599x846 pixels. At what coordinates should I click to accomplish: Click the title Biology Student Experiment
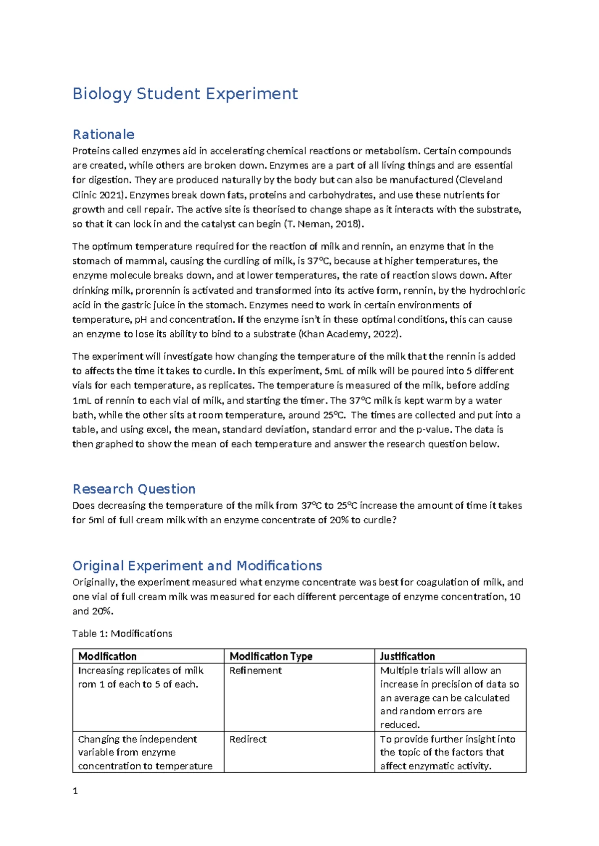coord(185,94)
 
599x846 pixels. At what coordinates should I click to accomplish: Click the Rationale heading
coord(103,135)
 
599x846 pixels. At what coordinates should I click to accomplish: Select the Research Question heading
coord(134,489)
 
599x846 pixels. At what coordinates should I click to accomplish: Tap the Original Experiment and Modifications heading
coord(197,566)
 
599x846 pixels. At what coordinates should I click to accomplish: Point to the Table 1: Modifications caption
coord(122,634)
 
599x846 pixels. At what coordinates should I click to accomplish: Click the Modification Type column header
coord(271,656)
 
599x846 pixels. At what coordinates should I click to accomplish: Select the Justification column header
coord(407,656)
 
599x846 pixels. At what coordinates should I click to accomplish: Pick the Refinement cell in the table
coord(255,671)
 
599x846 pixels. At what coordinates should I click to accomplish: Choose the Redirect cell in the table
coord(248,739)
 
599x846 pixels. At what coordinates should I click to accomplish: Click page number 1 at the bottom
coord(75,791)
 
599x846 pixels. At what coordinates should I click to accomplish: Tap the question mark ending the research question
coord(394,520)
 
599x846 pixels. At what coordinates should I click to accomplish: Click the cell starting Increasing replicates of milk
coord(140,677)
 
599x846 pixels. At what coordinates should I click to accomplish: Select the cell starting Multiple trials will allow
coord(449,697)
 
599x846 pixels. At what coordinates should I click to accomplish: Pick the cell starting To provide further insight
coord(447,752)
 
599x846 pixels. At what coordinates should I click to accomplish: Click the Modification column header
coord(107,656)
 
